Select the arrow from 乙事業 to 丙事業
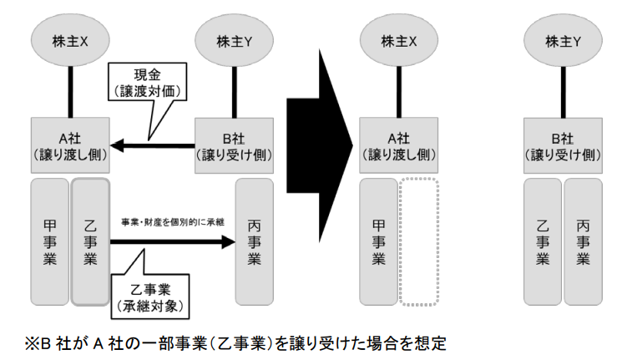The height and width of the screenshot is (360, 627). [171, 242]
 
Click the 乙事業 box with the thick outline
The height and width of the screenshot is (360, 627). [91, 241]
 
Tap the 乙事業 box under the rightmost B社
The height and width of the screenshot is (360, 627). [542, 241]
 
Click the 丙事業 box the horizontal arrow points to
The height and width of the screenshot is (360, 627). [255, 241]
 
